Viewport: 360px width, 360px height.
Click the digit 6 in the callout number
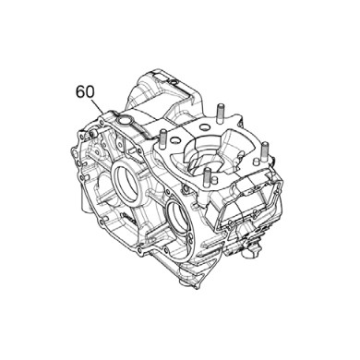click(78, 92)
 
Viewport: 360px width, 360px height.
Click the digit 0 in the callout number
click(90, 92)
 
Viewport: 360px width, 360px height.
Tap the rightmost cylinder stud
click(263, 151)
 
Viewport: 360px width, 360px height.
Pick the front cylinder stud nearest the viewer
click(208, 177)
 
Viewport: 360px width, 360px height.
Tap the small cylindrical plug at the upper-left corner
click(72, 148)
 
